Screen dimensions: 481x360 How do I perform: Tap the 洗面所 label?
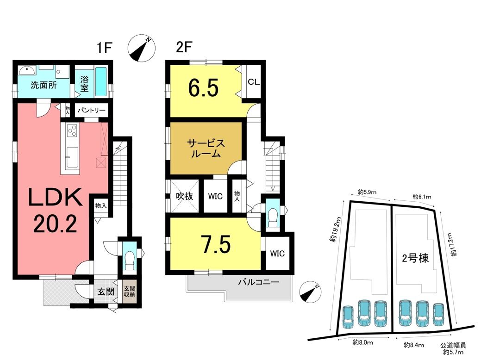pyautogui.click(x=44, y=85)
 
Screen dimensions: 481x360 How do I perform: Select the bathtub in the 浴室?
pyautogui.click(x=101, y=81)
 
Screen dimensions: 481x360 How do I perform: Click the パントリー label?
pyautogui.click(x=91, y=110)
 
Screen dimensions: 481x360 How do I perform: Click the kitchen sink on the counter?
pyautogui.click(x=72, y=157)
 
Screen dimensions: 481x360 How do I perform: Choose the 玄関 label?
pyautogui.click(x=106, y=292)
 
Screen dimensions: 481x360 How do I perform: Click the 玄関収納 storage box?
pyautogui.click(x=130, y=292)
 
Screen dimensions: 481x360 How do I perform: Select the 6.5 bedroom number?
pyautogui.click(x=203, y=88)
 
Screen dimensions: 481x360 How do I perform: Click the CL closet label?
pyautogui.click(x=253, y=82)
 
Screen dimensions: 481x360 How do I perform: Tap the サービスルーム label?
pyautogui.click(x=206, y=148)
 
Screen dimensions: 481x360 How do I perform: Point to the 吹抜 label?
pyautogui.click(x=185, y=196)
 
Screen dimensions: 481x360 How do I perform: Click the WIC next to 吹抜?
pyautogui.click(x=215, y=196)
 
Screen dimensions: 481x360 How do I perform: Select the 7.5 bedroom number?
pyautogui.click(x=216, y=244)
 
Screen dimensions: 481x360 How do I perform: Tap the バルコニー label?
pyautogui.click(x=259, y=282)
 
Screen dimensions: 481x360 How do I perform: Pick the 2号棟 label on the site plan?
pyautogui.click(x=415, y=258)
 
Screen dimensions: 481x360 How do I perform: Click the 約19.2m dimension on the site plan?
pyautogui.click(x=336, y=230)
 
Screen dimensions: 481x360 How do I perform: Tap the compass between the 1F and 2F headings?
pyautogui.click(x=141, y=48)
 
